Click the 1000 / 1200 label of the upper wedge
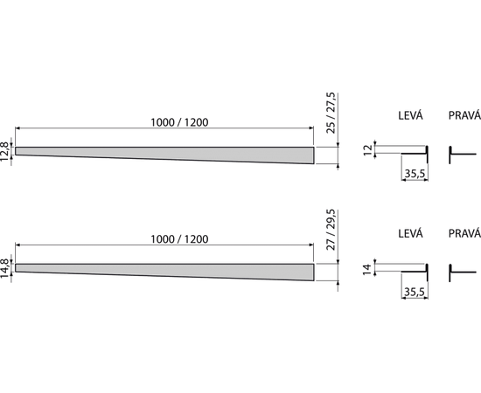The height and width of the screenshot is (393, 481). click(179, 122)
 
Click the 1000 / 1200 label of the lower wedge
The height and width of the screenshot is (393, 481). click(179, 239)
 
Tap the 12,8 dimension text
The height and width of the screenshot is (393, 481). click(4, 152)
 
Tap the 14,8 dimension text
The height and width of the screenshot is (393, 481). click(4, 268)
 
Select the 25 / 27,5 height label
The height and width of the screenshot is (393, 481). click(331, 113)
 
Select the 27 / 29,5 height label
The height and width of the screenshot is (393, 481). click(331, 230)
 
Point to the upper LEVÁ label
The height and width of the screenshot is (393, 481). click(410, 115)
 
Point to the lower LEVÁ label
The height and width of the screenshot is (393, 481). click(410, 233)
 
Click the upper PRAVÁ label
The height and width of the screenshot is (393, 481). click(464, 115)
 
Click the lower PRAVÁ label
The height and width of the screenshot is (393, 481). click(464, 234)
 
